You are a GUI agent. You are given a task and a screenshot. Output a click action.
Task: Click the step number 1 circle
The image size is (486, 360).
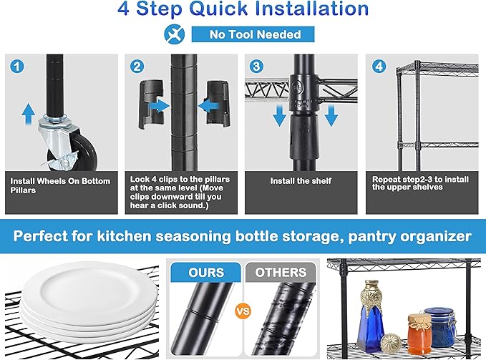(17, 67)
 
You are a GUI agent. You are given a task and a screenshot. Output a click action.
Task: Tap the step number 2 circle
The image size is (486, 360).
(137, 67)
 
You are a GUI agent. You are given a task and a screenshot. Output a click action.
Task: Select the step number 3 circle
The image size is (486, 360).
(257, 67)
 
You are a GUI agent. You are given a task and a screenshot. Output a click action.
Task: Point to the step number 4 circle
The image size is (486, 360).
(379, 67)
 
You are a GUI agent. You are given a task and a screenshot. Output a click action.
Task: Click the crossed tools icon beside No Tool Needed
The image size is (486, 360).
(174, 34)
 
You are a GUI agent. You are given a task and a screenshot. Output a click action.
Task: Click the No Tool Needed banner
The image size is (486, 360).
(253, 34)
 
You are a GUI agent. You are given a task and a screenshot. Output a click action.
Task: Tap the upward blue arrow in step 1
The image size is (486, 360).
(29, 114)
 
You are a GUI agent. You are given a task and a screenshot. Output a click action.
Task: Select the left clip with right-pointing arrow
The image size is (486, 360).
(151, 104)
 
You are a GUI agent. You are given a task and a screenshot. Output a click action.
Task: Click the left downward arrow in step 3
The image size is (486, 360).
(280, 115)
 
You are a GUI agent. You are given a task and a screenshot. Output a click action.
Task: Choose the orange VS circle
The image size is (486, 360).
(243, 311)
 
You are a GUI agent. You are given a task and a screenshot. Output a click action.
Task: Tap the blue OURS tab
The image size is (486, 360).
(206, 272)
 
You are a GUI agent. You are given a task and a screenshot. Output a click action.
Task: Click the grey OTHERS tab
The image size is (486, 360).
(281, 272)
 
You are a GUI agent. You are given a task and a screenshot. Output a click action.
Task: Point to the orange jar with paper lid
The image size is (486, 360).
(419, 334)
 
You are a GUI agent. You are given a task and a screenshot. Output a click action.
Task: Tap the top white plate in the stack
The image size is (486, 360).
(90, 288)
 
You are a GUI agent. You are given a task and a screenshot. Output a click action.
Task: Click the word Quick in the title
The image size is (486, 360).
(218, 9)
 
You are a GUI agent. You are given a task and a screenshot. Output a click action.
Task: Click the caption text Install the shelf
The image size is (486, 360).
(301, 181)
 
